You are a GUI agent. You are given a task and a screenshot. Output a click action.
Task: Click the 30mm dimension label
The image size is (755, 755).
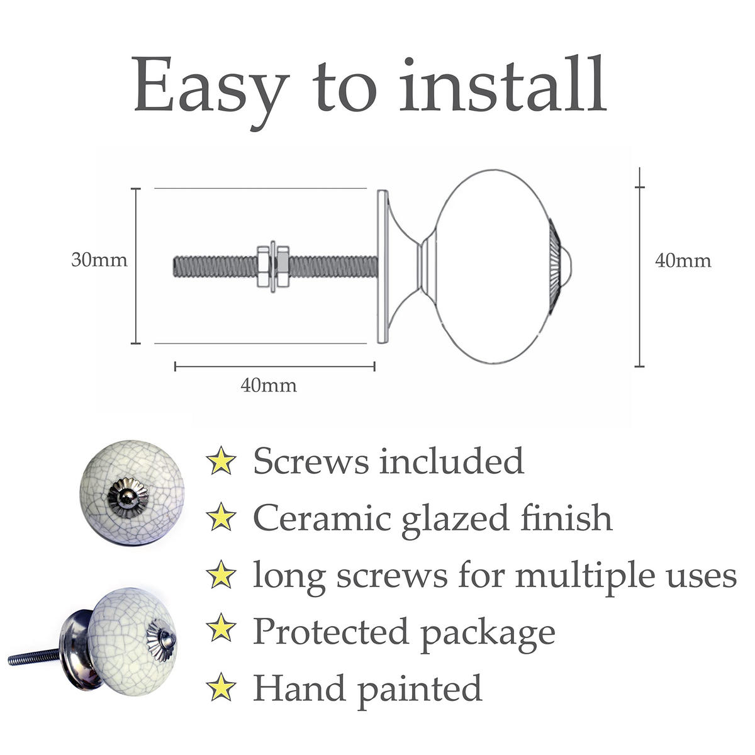(99, 260)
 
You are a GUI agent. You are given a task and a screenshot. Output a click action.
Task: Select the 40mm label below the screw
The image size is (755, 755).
(269, 386)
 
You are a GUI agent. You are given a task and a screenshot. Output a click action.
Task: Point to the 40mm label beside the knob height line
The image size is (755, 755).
(683, 261)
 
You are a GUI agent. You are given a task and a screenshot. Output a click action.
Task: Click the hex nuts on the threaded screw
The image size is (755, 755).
(273, 267)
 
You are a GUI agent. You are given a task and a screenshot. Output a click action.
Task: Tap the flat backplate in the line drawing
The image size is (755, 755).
(383, 267)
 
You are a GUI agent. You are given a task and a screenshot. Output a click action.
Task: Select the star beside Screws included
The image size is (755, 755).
(221, 461)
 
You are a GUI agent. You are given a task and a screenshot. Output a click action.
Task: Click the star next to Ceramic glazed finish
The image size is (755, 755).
(221, 518)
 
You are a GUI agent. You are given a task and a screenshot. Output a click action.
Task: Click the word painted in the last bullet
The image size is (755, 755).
(420, 690)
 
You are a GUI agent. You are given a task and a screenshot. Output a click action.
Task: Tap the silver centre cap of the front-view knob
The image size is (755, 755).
(128, 498)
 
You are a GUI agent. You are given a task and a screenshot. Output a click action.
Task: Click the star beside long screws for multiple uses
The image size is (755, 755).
(221, 575)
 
